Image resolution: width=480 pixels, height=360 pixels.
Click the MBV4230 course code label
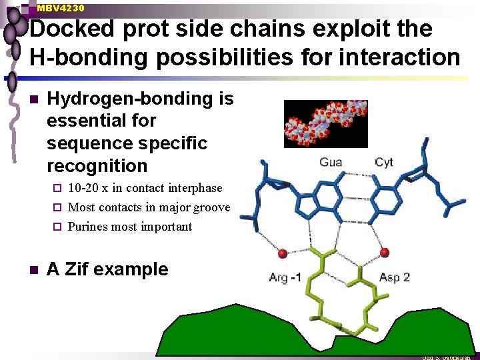(x=61, y=9)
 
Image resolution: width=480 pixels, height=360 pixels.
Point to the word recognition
(x=97, y=165)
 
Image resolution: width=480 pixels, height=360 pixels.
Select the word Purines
(x=88, y=227)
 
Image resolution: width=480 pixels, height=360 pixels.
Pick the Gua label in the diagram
(x=331, y=162)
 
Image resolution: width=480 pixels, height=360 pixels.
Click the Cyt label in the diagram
(x=384, y=162)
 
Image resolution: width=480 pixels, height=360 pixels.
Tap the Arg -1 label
(x=285, y=277)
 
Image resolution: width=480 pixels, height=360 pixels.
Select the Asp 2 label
(x=395, y=277)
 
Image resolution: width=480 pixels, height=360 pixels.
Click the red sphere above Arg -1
(x=283, y=253)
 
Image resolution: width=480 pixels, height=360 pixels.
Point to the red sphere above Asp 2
(x=385, y=252)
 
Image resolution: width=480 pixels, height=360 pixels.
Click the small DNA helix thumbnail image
(x=326, y=123)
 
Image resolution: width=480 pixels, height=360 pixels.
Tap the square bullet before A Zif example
(x=33, y=270)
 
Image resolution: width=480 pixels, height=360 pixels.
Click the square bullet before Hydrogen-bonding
(x=33, y=99)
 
